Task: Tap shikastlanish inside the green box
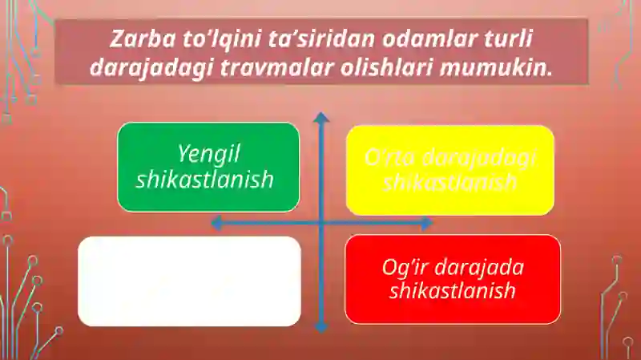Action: tap(205, 180)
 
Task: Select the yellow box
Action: tap(450, 169)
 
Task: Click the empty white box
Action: tap(189, 281)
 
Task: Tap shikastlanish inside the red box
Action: tap(452, 290)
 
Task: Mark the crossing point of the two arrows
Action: tap(321, 223)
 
